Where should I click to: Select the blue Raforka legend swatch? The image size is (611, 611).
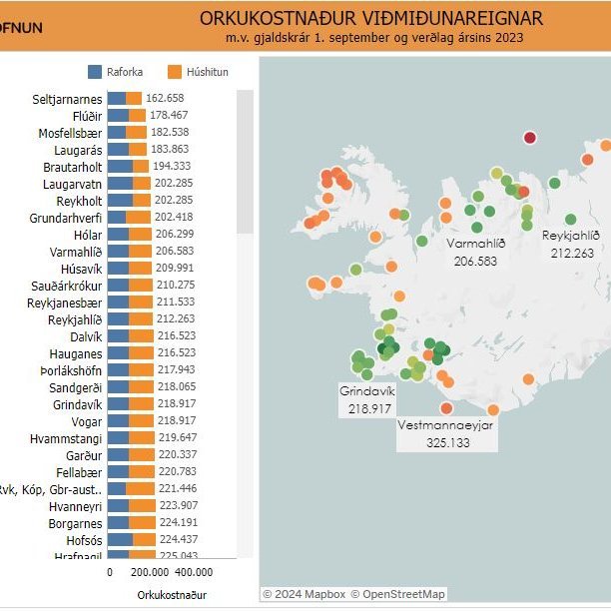(x=95, y=72)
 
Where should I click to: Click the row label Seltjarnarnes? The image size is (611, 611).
(x=66, y=98)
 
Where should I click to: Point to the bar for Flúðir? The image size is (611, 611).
(x=126, y=115)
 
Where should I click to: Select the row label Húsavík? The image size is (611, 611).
(x=81, y=268)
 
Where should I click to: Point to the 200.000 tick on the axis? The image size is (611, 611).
(x=150, y=572)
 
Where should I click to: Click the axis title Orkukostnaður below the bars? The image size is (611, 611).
(x=171, y=595)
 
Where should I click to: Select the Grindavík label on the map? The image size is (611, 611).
(x=367, y=391)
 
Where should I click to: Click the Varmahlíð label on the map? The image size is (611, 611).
(x=474, y=244)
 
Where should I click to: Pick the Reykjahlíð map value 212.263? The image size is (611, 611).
(x=571, y=253)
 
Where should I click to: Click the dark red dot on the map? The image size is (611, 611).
(x=530, y=138)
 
